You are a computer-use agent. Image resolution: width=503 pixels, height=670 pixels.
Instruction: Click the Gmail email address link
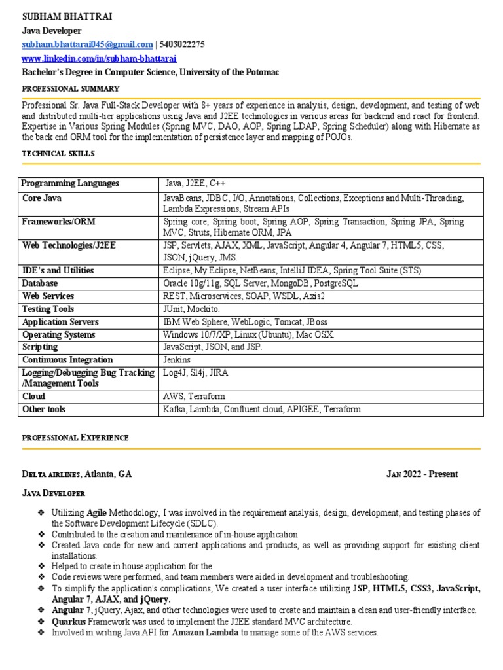click(87, 44)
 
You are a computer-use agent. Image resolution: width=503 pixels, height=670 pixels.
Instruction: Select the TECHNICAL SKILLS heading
click(58, 153)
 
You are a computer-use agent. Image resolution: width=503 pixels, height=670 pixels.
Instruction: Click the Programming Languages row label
click(71, 183)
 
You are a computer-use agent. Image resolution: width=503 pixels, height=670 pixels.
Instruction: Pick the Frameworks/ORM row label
click(59, 222)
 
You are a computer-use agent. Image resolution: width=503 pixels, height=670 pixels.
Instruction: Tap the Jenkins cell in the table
click(177, 360)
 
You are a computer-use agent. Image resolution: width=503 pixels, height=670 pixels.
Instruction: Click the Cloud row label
click(34, 397)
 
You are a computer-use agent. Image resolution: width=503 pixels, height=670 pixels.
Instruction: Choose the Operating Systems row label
click(59, 334)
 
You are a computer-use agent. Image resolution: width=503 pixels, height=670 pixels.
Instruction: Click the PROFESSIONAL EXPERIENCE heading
click(75, 437)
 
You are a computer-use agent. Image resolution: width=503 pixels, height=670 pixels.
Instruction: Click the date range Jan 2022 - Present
click(422, 474)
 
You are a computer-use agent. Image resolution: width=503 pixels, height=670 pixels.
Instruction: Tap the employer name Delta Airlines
click(52, 474)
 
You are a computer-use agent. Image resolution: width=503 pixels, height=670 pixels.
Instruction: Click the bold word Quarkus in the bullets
click(69, 621)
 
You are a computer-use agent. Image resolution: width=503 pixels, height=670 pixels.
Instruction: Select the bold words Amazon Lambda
click(206, 633)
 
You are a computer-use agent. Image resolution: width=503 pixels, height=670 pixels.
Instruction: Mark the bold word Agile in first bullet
click(93, 512)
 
